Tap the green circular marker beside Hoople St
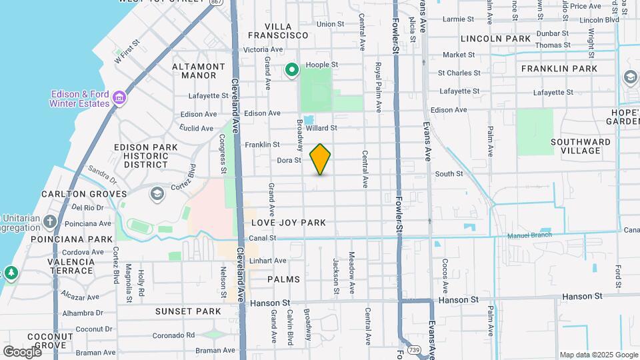[x=292, y=69]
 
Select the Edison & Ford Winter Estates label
[x=80, y=99]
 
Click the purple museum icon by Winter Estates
[x=119, y=99]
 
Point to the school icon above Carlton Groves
[x=157, y=194]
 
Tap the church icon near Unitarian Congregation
[x=51, y=221]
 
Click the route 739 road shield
[x=415, y=349]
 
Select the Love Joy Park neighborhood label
[x=289, y=222]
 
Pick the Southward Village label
[x=580, y=146]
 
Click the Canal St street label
[x=263, y=238]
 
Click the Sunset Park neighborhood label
[x=188, y=311]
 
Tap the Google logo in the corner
[x=22, y=351]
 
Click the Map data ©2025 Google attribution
[x=597, y=355]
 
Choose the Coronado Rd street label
[x=173, y=335]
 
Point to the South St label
[x=449, y=174]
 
